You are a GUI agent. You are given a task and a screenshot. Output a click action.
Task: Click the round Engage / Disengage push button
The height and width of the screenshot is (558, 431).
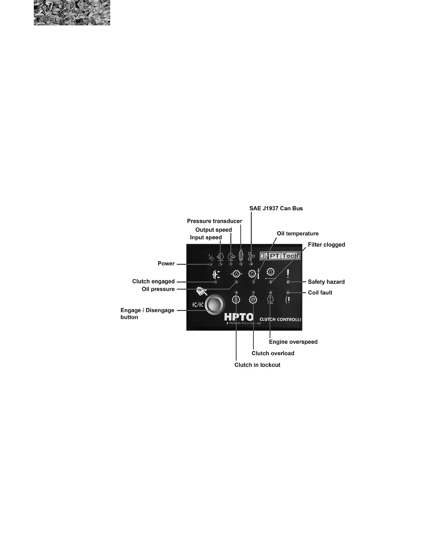(x=214, y=305)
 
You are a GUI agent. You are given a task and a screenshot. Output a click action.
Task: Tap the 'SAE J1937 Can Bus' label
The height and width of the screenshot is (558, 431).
(x=276, y=208)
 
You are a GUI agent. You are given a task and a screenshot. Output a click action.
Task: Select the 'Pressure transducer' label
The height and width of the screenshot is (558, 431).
(x=214, y=221)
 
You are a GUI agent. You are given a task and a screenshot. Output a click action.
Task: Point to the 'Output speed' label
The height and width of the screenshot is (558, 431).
(x=213, y=230)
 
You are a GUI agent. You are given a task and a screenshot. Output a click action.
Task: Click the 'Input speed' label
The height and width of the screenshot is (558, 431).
(x=206, y=237)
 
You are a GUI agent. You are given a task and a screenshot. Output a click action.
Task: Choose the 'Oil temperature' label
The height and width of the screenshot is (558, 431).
(x=298, y=234)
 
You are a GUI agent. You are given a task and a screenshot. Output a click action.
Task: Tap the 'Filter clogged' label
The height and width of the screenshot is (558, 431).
(x=326, y=244)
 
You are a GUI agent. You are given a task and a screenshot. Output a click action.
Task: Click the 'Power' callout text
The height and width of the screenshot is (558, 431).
(x=166, y=263)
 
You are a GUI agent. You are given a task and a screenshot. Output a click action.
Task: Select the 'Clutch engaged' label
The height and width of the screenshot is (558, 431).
(x=153, y=281)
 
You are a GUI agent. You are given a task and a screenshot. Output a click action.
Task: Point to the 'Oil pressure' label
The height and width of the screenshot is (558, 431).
(x=158, y=289)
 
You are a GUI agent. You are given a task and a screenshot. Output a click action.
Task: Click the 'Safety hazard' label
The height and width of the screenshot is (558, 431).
(x=326, y=282)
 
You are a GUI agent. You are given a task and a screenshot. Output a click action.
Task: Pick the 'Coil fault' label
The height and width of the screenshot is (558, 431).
(x=320, y=293)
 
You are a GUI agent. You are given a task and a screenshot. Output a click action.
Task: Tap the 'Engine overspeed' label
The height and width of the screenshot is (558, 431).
(x=293, y=342)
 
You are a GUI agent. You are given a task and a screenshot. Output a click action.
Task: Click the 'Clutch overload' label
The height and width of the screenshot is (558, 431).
(x=273, y=353)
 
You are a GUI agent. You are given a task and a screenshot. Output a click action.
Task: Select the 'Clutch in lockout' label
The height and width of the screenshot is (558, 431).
(x=257, y=365)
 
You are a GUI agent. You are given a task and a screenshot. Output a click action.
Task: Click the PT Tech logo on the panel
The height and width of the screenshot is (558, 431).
(x=280, y=256)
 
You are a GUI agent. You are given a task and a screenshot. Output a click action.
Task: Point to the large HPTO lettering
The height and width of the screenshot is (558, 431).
(x=239, y=317)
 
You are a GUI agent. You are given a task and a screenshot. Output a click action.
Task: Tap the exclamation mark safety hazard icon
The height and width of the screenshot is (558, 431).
(x=288, y=274)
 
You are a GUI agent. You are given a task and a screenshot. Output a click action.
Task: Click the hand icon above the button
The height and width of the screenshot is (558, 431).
(x=201, y=292)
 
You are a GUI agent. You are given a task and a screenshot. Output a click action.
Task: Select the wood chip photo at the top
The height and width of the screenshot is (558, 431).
(x=72, y=13)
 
